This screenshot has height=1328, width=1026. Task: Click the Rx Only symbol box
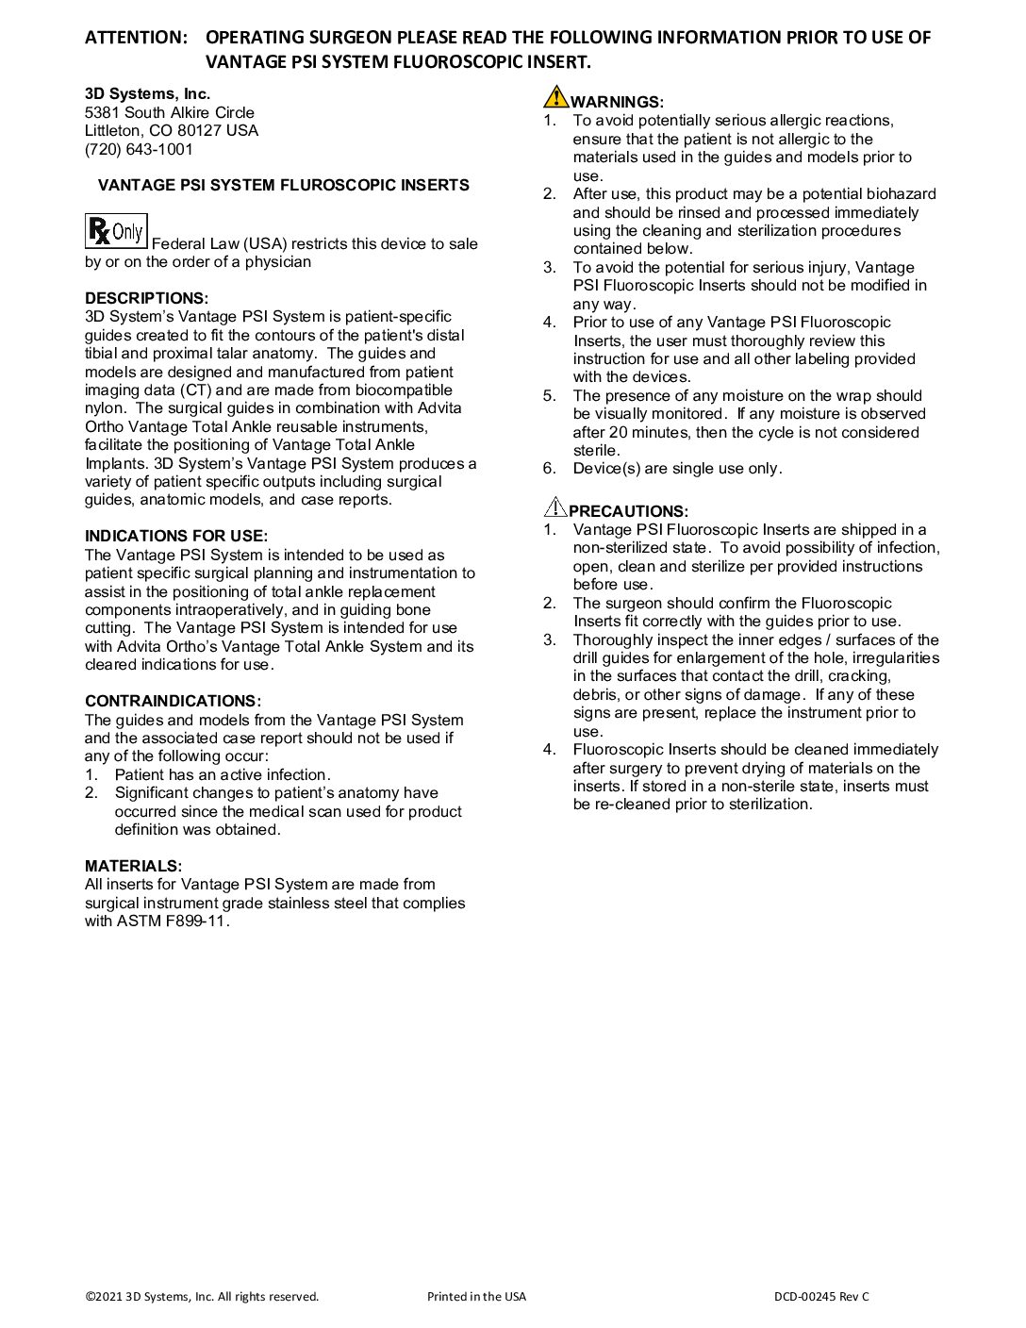[x=116, y=231]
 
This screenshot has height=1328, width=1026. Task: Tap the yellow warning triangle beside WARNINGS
[x=555, y=97]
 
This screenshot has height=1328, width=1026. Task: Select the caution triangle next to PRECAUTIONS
[x=554, y=506]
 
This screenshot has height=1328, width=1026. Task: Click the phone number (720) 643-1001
[x=139, y=149]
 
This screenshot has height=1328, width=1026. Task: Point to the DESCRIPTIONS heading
[x=146, y=298]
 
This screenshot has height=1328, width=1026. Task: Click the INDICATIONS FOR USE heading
[x=176, y=536]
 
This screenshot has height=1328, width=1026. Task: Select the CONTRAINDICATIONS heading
[x=173, y=701]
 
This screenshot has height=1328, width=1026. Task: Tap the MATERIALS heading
[x=133, y=866]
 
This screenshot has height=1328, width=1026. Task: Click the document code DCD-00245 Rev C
[x=821, y=1296]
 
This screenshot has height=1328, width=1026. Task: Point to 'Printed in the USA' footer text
[x=476, y=1296]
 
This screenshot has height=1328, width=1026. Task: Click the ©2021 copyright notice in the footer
[x=202, y=1296]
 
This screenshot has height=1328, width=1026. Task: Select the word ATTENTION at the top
[x=136, y=38]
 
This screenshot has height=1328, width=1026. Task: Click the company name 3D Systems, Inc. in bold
[x=147, y=93]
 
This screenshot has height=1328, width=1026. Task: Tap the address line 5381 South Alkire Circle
[x=170, y=112]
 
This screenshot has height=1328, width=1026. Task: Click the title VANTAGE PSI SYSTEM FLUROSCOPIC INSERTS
[x=283, y=185]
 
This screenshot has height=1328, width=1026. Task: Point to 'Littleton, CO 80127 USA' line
[x=171, y=130]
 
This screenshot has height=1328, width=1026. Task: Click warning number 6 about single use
[x=676, y=469]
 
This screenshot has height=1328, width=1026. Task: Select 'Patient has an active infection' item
[x=222, y=774]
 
